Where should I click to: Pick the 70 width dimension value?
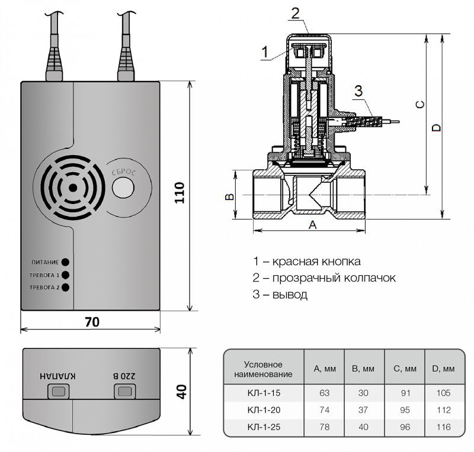[x=92, y=322]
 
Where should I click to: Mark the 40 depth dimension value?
[x=181, y=391]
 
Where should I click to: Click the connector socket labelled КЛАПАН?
[x=59, y=391]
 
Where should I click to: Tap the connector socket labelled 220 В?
[x=124, y=391]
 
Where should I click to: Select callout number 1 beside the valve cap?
[x=265, y=51]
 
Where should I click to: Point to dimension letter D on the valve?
[x=437, y=128]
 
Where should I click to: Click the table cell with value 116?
[x=443, y=425]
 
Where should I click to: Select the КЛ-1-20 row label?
[x=263, y=409]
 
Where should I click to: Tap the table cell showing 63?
[x=324, y=393]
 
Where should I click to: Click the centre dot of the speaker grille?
[x=72, y=187]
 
